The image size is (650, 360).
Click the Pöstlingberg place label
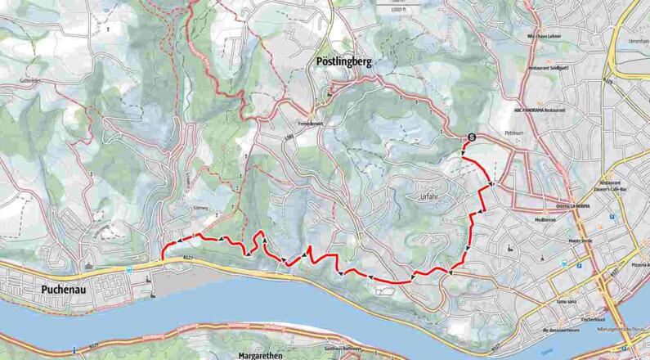pyautogui.click(x=344, y=61)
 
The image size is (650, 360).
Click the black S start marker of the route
pyautogui.click(x=472, y=137)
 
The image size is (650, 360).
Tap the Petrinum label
pyautogui.click(x=513, y=131)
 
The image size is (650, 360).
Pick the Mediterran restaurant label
pyautogui.click(x=545, y=220)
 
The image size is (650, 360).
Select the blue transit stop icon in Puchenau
pyautogui.click(x=129, y=268)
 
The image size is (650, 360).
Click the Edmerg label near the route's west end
pyautogui.click(x=200, y=209)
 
